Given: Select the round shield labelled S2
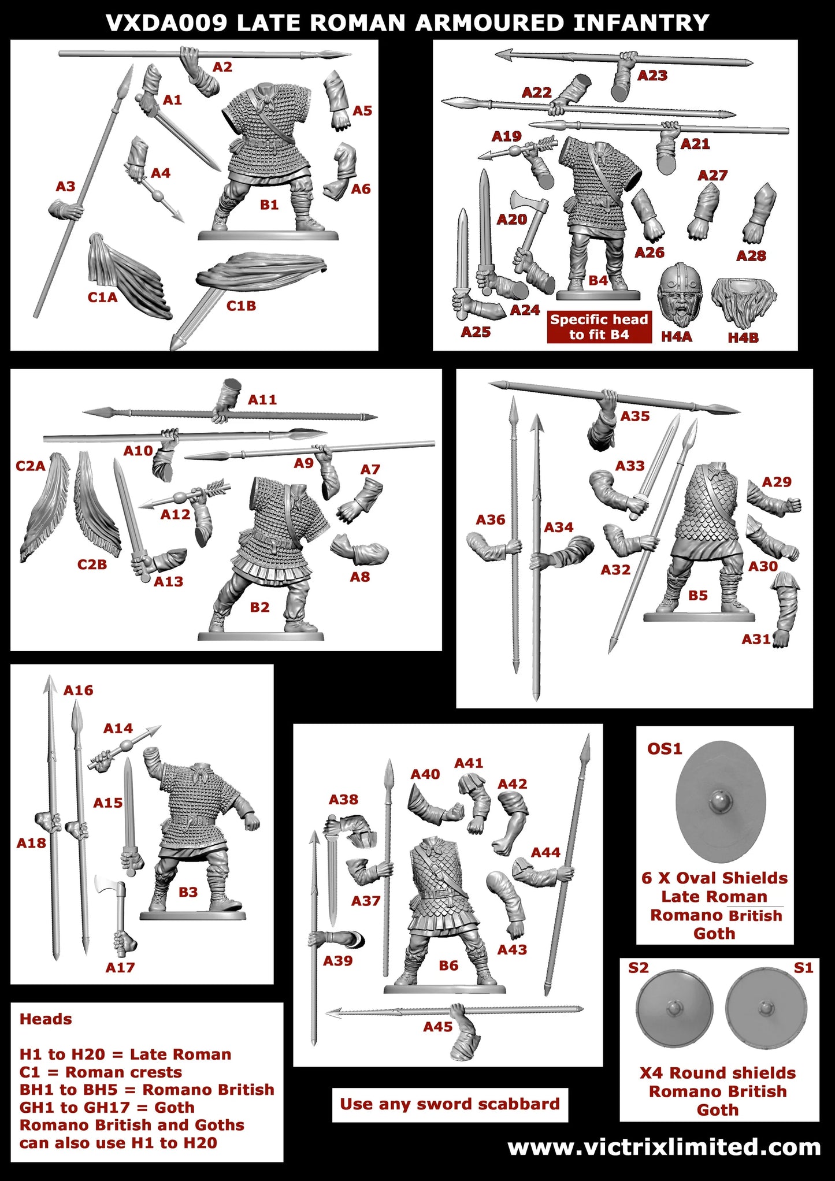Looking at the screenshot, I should click(x=674, y=1009).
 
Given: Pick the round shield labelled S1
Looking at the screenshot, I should click(x=766, y=1009).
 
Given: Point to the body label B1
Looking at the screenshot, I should click(x=269, y=205).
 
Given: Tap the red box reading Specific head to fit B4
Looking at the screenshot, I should click(x=599, y=327).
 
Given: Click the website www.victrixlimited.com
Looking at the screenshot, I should click(x=664, y=1147).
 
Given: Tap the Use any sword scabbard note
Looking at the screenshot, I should click(x=450, y=1104).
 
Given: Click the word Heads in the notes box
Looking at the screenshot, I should click(x=46, y=1019).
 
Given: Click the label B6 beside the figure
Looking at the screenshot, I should click(x=448, y=965).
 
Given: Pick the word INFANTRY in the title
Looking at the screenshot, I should click(x=641, y=23).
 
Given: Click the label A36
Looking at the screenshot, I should click(x=490, y=520).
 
